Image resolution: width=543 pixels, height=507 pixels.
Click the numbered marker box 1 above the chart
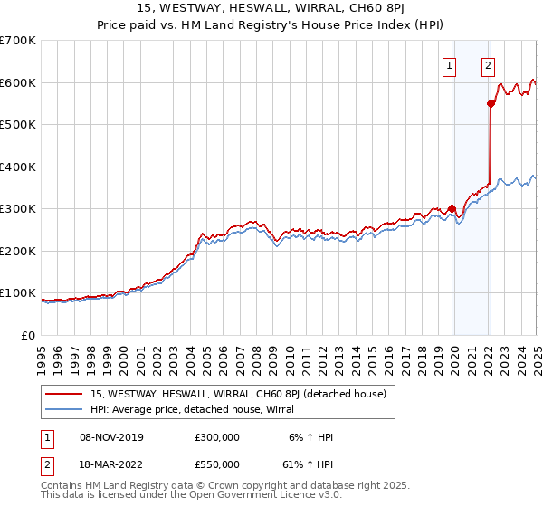[x=449, y=64]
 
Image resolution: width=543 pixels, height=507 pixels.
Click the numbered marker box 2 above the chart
[x=488, y=64]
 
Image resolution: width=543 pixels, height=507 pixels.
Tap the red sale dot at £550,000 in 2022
[x=491, y=104]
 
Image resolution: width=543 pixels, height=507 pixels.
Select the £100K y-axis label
[x=18, y=293]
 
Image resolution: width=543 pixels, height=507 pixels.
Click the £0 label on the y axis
[x=27, y=335]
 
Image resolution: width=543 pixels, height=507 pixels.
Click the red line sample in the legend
[x=64, y=394]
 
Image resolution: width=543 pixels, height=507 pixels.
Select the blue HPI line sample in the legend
[x=64, y=410]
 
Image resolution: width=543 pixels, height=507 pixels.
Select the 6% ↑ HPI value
[x=311, y=437]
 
